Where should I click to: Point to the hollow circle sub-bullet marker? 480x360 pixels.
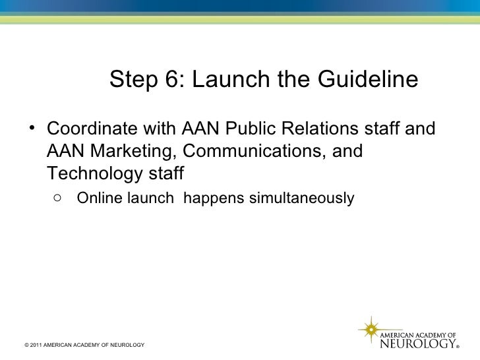pos(59,197)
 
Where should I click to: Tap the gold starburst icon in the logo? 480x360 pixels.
pos(370,329)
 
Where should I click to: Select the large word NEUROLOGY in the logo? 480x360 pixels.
pos(419,343)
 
